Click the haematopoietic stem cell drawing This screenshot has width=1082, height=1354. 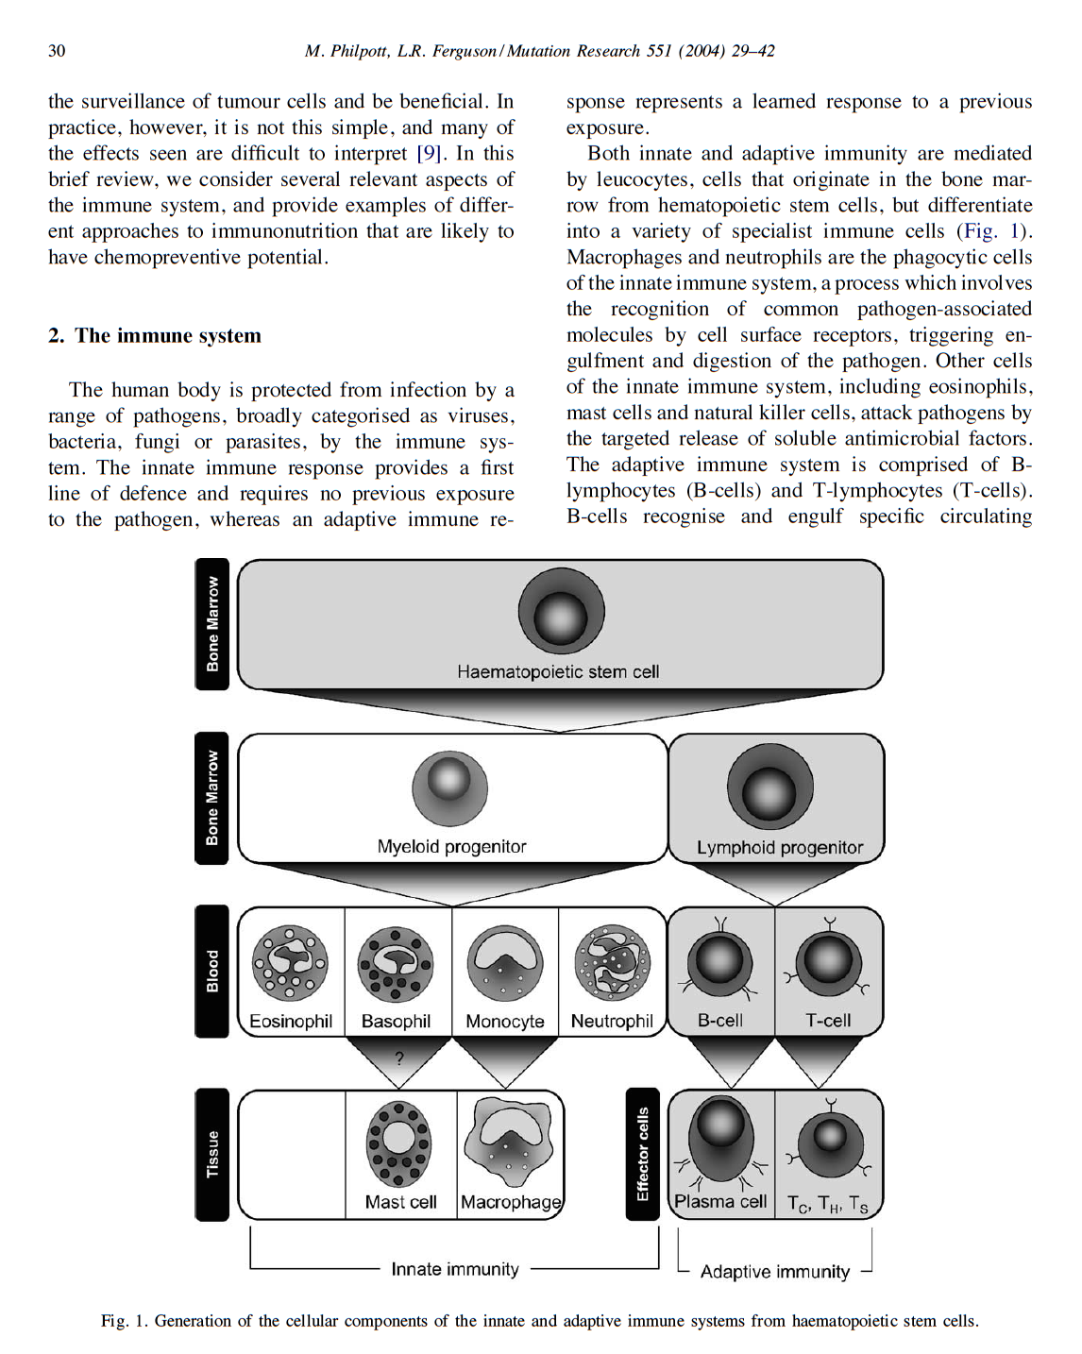[x=561, y=612]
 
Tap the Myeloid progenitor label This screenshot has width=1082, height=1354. [x=451, y=847]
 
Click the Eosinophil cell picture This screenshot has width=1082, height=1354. [x=290, y=963]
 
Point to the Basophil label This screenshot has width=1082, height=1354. [x=396, y=1022]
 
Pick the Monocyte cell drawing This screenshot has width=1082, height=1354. [x=505, y=963]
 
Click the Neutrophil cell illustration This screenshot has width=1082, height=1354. [x=613, y=963]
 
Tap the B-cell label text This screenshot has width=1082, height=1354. [x=719, y=1021]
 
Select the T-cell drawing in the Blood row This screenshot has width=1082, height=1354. [x=829, y=961]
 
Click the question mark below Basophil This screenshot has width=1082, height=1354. [x=399, y=1058]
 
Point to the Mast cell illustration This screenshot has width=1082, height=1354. [x=399, y=1143]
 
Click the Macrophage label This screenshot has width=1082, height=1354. [x=511, y=1202]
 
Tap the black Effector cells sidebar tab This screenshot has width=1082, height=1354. [x=643, y=1154]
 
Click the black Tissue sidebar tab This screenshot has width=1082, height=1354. [x=212, y=1154]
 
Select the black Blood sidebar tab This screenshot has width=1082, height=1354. [x=212, y=971]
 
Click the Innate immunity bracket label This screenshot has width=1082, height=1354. [x=455, y=1269]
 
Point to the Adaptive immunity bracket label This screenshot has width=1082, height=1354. [x=775, y=1272]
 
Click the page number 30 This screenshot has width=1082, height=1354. [x=57, y=51]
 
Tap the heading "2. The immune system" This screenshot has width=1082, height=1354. [x=155, y=336]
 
